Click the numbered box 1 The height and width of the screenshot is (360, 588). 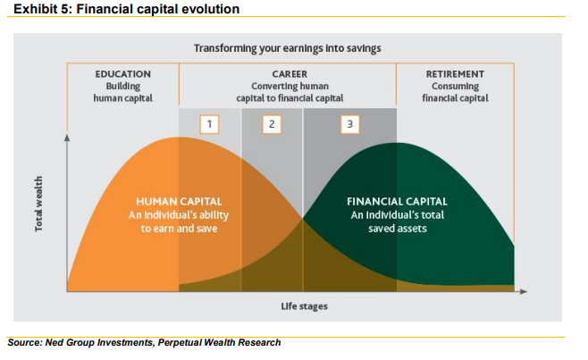[209, 124]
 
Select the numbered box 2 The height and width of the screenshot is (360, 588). [272, 124]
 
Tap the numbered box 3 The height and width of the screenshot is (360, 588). [350, 124]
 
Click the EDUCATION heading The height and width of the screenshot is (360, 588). [123, 74]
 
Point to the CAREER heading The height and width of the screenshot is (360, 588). [290, 74]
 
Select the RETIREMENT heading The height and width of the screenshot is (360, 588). [455, 74]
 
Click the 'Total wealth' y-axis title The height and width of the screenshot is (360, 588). [38, 204]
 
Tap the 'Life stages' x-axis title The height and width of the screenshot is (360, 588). [304, 306]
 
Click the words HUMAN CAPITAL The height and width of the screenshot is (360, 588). [179, 202]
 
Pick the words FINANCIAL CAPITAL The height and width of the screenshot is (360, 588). [397, 202]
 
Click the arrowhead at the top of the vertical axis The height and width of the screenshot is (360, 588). [67, 138]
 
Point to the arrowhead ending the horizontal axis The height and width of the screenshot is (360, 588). [524, 291]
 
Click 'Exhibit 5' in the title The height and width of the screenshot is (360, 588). [42, 9]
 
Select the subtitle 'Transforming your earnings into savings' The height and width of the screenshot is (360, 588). [287, 48]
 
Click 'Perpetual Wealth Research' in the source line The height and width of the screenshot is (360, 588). [219, 343]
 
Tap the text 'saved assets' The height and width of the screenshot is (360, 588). [398, 229]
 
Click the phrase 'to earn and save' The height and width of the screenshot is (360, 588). [179, 229]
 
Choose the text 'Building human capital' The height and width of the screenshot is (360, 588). [123, 92]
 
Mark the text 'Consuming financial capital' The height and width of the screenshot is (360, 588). [455, 92]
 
